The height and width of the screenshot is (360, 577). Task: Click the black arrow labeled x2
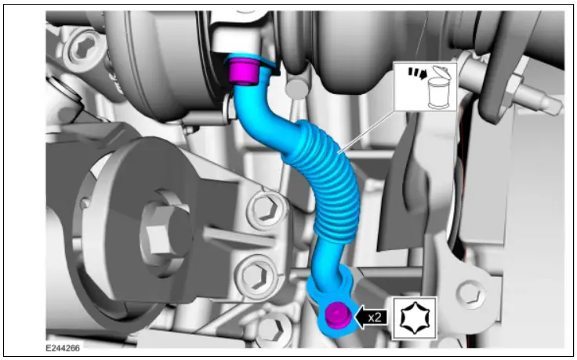pos(368,317)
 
